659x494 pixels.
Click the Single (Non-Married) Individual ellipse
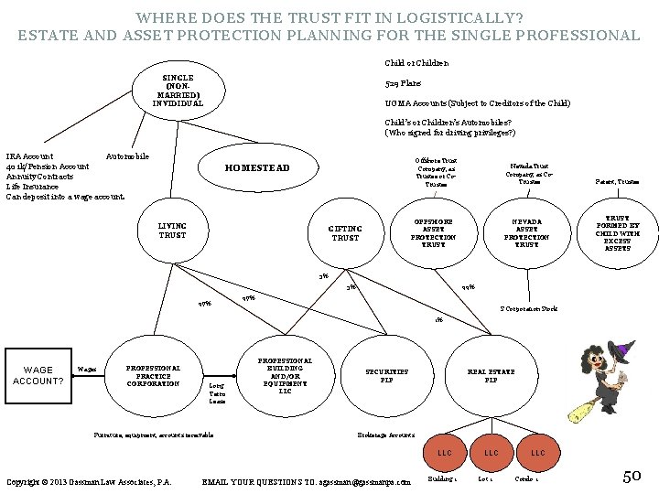[178, 91]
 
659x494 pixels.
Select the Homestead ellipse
[257, 168]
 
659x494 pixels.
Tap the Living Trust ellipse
[172, 231]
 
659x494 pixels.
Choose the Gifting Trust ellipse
[345, 233]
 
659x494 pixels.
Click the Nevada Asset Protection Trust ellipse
[526, 233]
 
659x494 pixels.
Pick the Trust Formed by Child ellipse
[618, 233]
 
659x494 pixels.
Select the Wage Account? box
[37, 375]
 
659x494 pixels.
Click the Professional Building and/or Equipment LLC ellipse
[285, 376]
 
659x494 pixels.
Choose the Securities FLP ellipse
[387, 375]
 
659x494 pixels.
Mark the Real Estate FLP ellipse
[491, 375]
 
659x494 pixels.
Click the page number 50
[632, 475]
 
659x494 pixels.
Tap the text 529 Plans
[404, 82]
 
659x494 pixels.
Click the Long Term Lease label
[217, 393]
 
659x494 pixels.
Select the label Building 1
[441, 478]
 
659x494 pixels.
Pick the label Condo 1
[525, 478]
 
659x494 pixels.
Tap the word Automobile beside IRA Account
[128, 156]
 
